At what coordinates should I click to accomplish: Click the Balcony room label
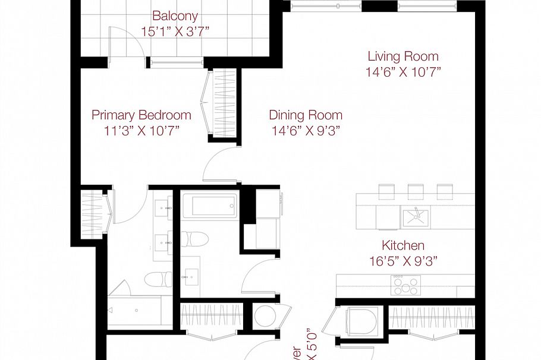coord(175,16)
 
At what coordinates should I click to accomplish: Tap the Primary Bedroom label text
coord(141,115)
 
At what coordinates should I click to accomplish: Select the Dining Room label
coord(306,115)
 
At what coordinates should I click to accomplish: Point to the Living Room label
coord(403,56)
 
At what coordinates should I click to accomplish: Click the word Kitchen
coord(403,245)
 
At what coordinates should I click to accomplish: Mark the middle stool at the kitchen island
coord(416,190)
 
